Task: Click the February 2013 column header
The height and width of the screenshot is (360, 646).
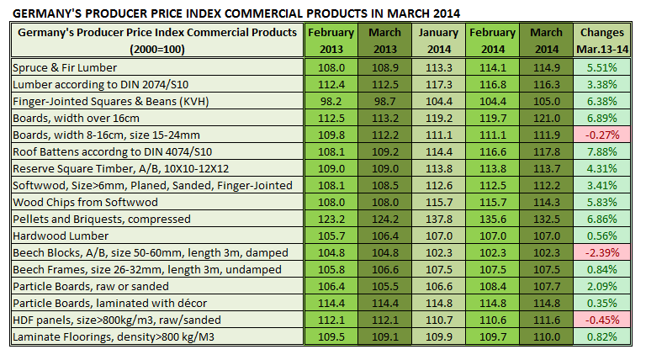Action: [331, 40]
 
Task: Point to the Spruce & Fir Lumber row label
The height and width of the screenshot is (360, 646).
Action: [65, 66]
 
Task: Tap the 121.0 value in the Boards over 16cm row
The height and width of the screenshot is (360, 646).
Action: [546, 119]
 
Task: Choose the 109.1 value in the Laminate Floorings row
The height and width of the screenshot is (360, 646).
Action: [384, 337]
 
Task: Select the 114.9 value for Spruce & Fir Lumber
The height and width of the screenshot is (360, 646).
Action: [546, 66]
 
